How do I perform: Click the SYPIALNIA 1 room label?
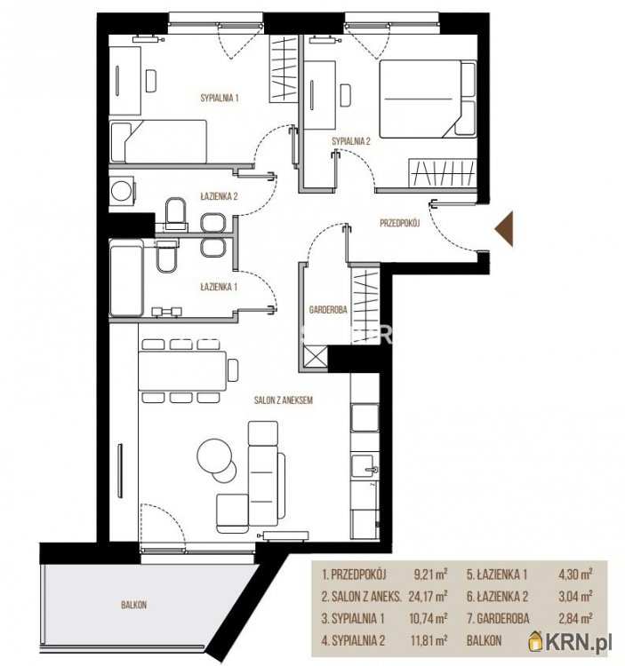(220, 98)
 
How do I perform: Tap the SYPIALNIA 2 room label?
(351, 141)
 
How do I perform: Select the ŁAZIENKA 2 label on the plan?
(219, 196)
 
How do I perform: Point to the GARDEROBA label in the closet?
(328, 310)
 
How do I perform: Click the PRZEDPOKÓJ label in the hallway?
(400, 223)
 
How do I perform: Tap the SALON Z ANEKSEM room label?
(284, 400)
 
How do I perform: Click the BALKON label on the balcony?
(133, 605)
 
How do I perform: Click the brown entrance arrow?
(504, 229)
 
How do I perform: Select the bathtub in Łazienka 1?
(126, 279)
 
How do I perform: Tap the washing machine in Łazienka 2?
(122, 191)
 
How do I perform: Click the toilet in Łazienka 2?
(176, 214)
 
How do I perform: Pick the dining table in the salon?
(182, 370)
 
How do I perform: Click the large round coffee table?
(215, 456)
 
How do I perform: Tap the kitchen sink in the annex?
(364, 467)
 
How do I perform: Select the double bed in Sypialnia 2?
(428, 99)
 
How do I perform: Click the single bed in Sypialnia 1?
(158, 141)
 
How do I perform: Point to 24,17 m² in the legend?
(428, 597)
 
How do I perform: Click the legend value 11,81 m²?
(429, 640)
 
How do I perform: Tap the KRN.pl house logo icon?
(536, 641)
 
